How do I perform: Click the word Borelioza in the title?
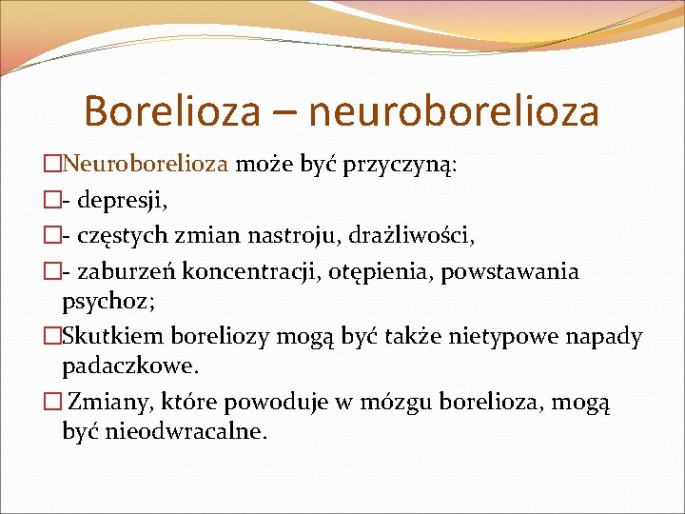tap(170, 110)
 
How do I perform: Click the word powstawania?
tap(522, 272)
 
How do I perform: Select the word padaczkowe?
tap(131, 366)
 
